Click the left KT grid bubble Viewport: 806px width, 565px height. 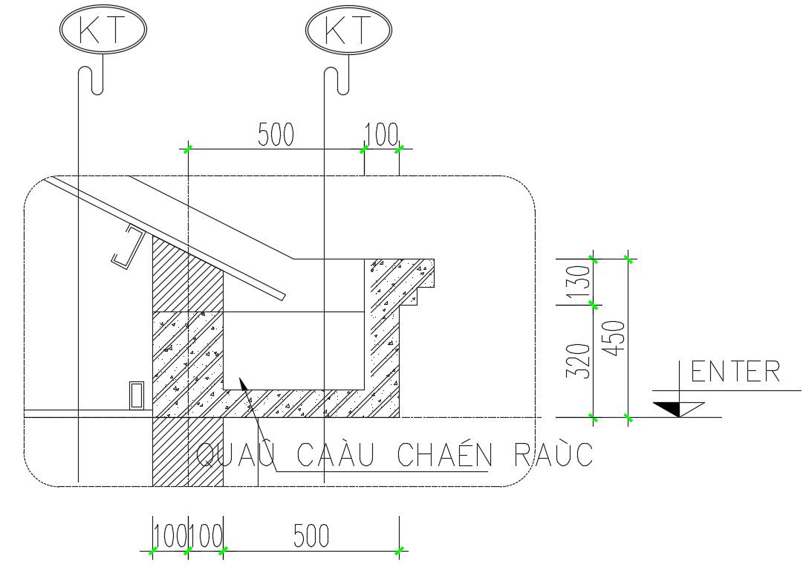pos(103,30)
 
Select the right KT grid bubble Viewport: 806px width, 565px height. pos(348,30)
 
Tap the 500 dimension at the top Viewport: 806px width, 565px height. pos(276,135)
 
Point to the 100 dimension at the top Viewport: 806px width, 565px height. pos(382,135)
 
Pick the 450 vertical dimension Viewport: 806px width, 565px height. pos(616,338)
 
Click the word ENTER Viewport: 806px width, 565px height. pos(735,372)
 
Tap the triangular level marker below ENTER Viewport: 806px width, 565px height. pos(678,409)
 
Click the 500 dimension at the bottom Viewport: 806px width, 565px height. pos(311,536)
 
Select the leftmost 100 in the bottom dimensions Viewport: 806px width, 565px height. pos(170,536)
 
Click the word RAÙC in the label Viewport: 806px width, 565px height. pos(553,455)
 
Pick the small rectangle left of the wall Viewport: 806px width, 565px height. pos(136,395)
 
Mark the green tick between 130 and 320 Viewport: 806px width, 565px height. pos(593,304)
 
